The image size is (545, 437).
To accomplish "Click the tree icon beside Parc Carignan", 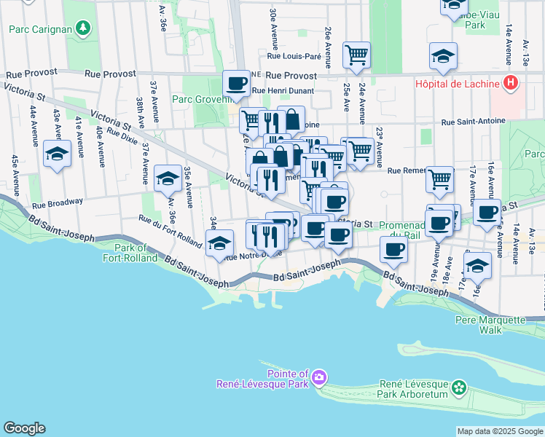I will [x=85, y=28].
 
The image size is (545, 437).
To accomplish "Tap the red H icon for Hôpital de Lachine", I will [x=511, y=82].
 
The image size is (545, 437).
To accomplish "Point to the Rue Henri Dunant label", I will [x=283, y=91].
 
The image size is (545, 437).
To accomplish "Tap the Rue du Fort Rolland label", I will [x=170, y=231].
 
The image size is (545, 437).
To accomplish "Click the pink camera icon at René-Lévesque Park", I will [x=319, y=377].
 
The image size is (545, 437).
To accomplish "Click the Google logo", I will [x=24, y=428].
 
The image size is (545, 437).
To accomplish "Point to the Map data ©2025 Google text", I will [x=499, y=431].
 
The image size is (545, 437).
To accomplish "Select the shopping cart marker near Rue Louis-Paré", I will [x=356, y=54].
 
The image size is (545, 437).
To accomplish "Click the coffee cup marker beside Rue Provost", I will [x=235, y=84].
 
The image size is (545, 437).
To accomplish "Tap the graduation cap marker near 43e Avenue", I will [x=57, y=154].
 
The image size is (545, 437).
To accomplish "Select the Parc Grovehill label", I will [x=201, y=99].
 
